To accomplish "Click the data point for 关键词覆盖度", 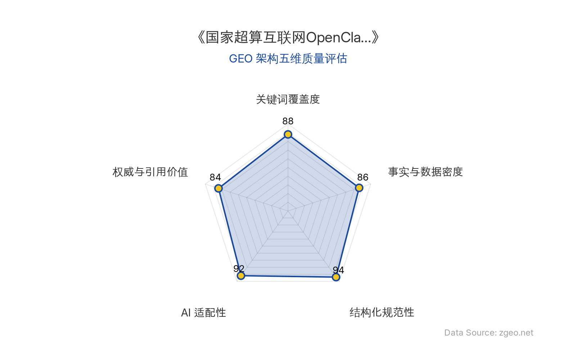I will (288, 135).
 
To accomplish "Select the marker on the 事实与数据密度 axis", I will (359, 188).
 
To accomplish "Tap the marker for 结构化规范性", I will (336, 277).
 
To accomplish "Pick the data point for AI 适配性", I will (241, 276).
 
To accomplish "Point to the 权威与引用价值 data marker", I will (218, 188).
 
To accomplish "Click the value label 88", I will (288, 121).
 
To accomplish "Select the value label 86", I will (363, 177).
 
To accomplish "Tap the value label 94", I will (338, 270).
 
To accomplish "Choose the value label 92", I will (239, 269).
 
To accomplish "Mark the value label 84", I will (215, 177).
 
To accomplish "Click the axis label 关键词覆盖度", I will (288, 99).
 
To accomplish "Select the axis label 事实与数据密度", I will (425, 172).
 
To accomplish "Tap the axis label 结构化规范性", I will (382, 312).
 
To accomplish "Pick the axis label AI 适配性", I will (203, 312).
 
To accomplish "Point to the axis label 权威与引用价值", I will (150, 172).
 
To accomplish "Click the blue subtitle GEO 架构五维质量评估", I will (288, 59).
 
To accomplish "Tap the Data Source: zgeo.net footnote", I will (489, 333).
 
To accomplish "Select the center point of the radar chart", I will (288, 211).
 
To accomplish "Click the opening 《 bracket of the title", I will (200, 37).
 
